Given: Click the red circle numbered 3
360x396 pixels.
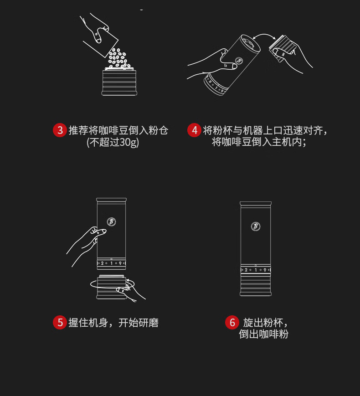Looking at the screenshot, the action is coord(60,130).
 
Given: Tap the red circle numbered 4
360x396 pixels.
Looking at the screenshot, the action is coord(194,130).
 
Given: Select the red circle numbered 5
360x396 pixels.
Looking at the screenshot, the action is coord(60,322).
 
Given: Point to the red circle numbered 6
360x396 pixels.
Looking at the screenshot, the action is coord(232,322).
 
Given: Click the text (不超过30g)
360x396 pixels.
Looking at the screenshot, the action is coord(113,142).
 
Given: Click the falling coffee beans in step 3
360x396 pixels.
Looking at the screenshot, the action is coord(118,58).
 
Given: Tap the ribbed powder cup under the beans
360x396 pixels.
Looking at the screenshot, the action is coord(119,82).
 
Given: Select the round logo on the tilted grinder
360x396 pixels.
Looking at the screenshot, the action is coord(239,61).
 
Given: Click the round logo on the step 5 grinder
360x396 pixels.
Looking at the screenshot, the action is coord(111,222).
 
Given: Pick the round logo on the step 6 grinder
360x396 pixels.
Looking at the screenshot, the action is coord(256,226).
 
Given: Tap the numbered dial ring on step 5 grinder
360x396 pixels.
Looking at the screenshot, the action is coord(111,263).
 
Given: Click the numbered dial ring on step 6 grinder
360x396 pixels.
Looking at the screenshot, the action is coord(256,270).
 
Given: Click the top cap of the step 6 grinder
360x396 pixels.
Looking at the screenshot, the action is coord(256,204).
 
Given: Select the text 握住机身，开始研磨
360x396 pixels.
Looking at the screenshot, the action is coord(113,323).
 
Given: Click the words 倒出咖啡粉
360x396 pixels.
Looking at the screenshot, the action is coord(263,334).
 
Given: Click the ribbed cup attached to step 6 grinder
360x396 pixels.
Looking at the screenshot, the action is coord(256,285).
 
